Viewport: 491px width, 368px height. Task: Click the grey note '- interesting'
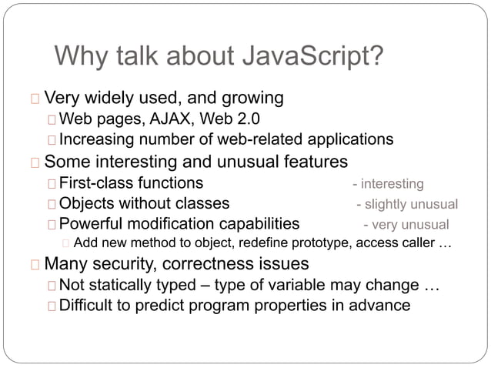point(388,184)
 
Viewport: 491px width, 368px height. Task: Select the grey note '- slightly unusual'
point(407,205)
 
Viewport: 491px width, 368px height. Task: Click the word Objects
point(87,204)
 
